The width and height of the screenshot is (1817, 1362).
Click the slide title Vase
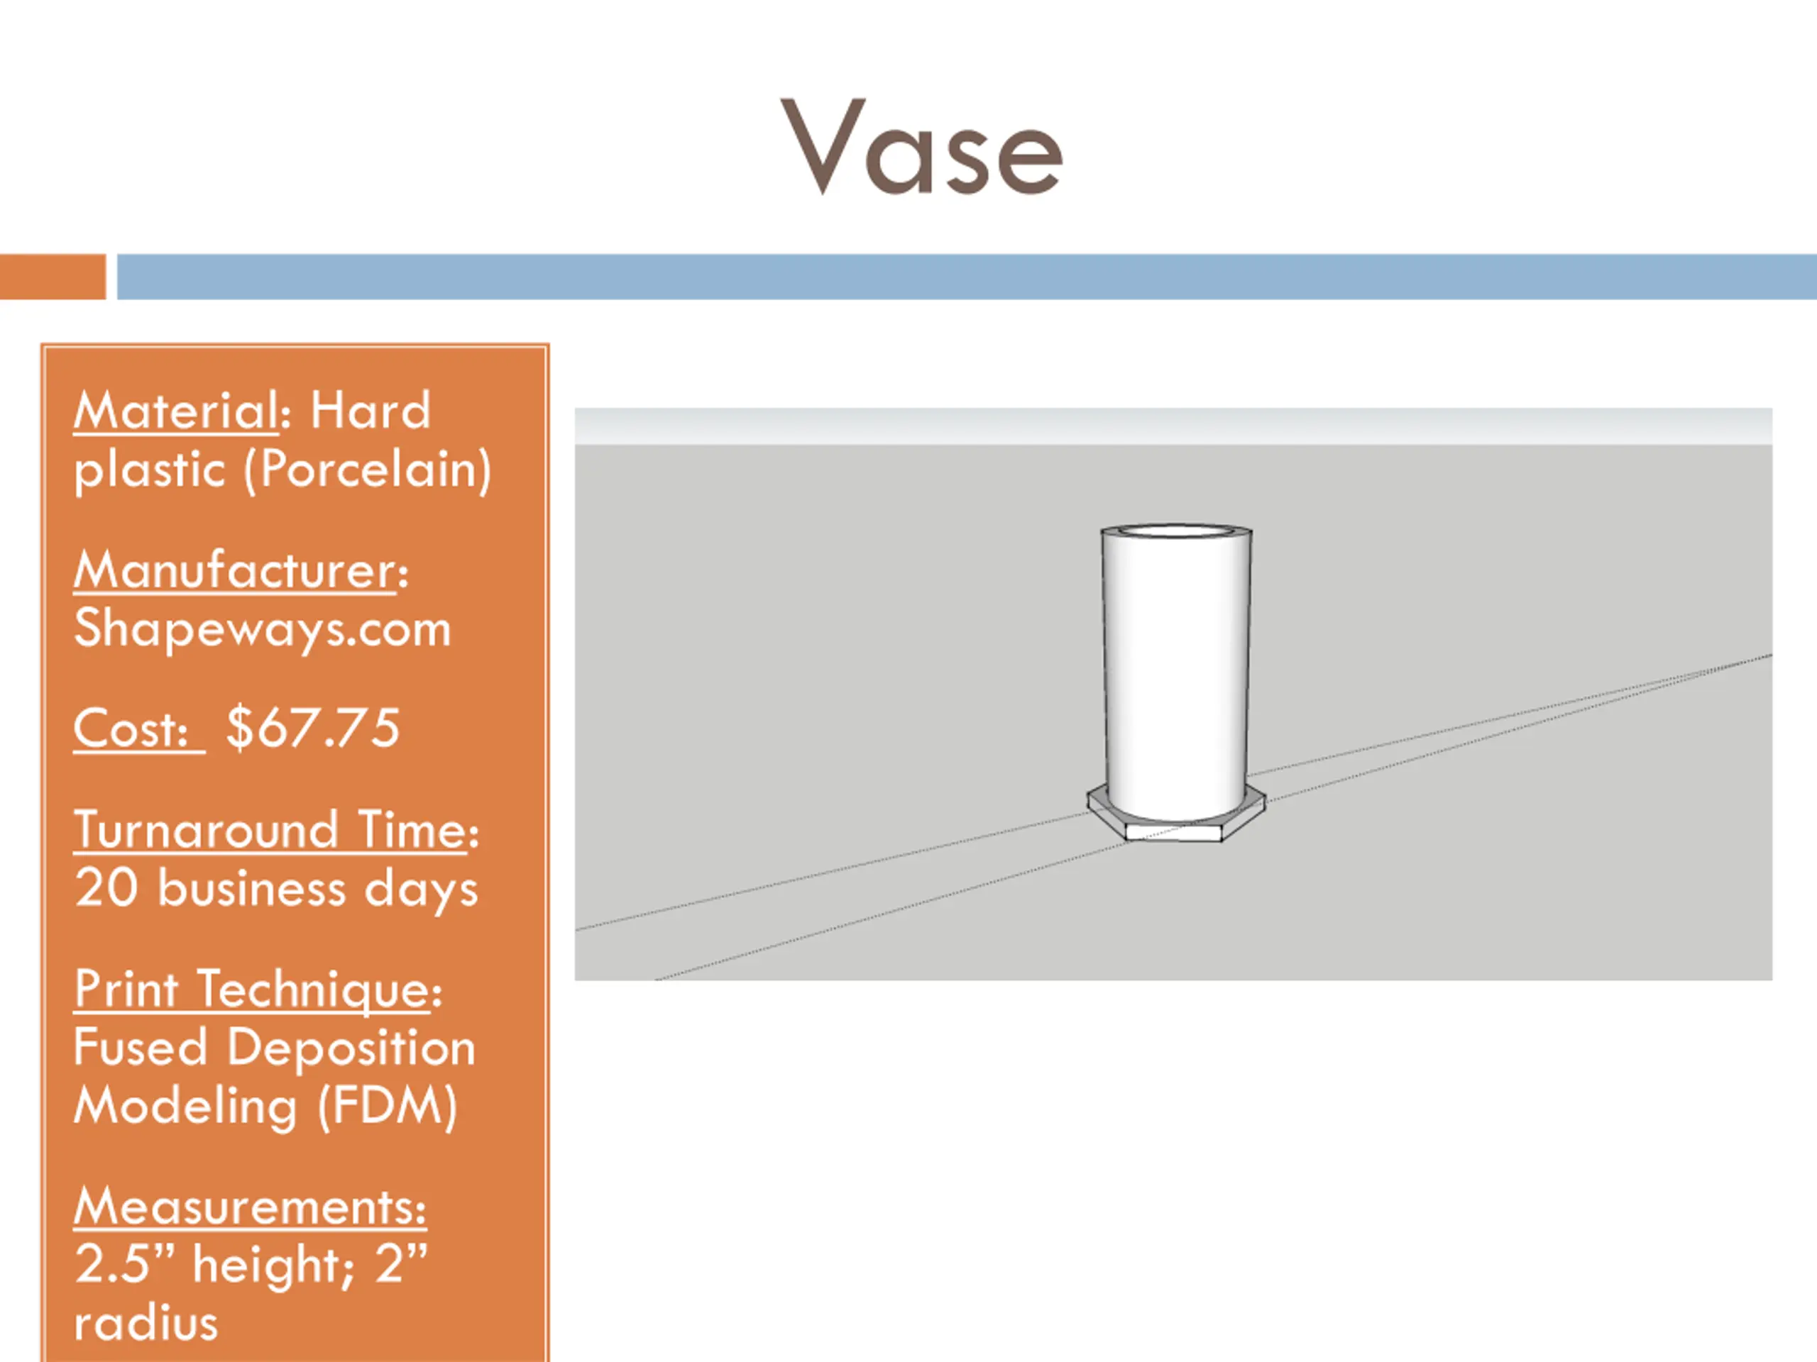(x=922, y=148)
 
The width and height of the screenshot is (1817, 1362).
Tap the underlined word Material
(x=177, y=411)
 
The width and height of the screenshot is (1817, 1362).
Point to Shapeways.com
(x=263, y=629)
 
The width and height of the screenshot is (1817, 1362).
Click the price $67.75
(x=313, y=729)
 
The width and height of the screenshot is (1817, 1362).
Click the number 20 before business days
(x=106, y=888)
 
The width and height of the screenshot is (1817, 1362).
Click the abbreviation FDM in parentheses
(x=387, y=1106)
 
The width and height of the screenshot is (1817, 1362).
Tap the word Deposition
(x=351, y=1048)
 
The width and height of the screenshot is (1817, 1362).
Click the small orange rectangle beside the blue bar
(x=53, y=277)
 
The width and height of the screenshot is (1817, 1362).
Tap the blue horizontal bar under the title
(x=966, y=277)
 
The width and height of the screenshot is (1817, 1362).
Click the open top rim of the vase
(x=1175, y=531)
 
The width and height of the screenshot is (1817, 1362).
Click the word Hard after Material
(x=370, y=411)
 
